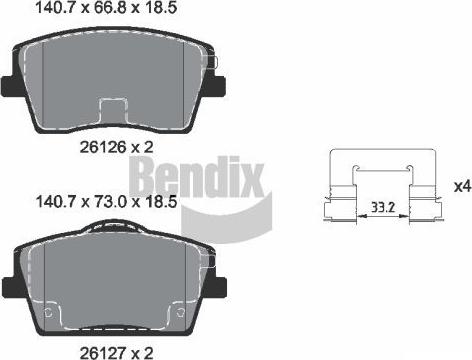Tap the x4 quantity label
(461, 185)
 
